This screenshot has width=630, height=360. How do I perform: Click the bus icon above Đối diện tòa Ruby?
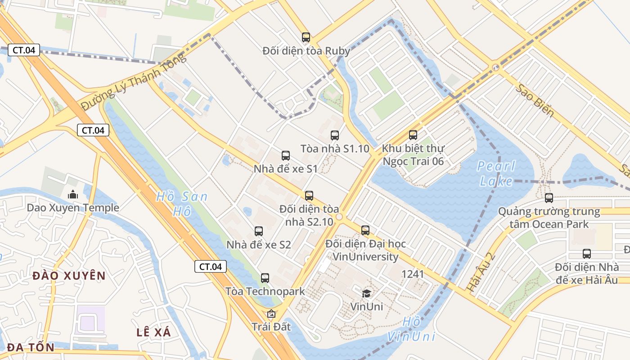click(306, 37)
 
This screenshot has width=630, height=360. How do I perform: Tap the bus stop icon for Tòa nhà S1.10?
click(334, 135)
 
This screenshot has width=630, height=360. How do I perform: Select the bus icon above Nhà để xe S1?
click(285, 156)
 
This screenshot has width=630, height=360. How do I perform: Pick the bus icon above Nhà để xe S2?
click(258, 231)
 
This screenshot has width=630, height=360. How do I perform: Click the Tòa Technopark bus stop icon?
click(265, 278)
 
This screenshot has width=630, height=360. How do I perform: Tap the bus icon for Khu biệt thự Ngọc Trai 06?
click(413, 135)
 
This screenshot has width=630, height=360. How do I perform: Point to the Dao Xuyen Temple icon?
click(72, 195)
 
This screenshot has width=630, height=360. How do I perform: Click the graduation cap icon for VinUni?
click(366, 294)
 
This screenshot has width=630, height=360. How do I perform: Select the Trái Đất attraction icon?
click(271, 314)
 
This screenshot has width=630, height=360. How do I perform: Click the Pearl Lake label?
click(496, 173)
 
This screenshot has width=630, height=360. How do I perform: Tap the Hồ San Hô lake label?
click(182, 203)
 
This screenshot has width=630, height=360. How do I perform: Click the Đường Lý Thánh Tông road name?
click(133, 81)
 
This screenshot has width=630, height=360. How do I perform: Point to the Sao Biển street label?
click(535, 100)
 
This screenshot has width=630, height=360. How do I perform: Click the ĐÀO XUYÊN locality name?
click(69, 276)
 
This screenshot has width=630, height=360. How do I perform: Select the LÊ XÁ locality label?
click(154, 333)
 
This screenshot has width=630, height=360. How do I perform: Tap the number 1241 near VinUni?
click(413, 274)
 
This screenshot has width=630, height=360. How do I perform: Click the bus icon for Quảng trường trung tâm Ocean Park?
click(549, 198)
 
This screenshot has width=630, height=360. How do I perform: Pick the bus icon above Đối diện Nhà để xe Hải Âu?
click(586, 254)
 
